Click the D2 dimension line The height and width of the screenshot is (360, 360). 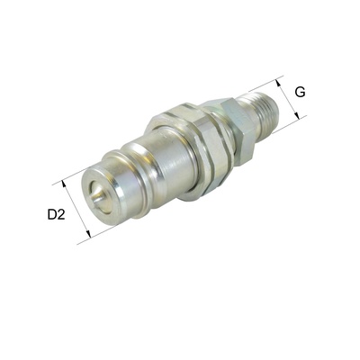point(76,209)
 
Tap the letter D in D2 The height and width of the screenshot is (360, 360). point(52,215)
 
